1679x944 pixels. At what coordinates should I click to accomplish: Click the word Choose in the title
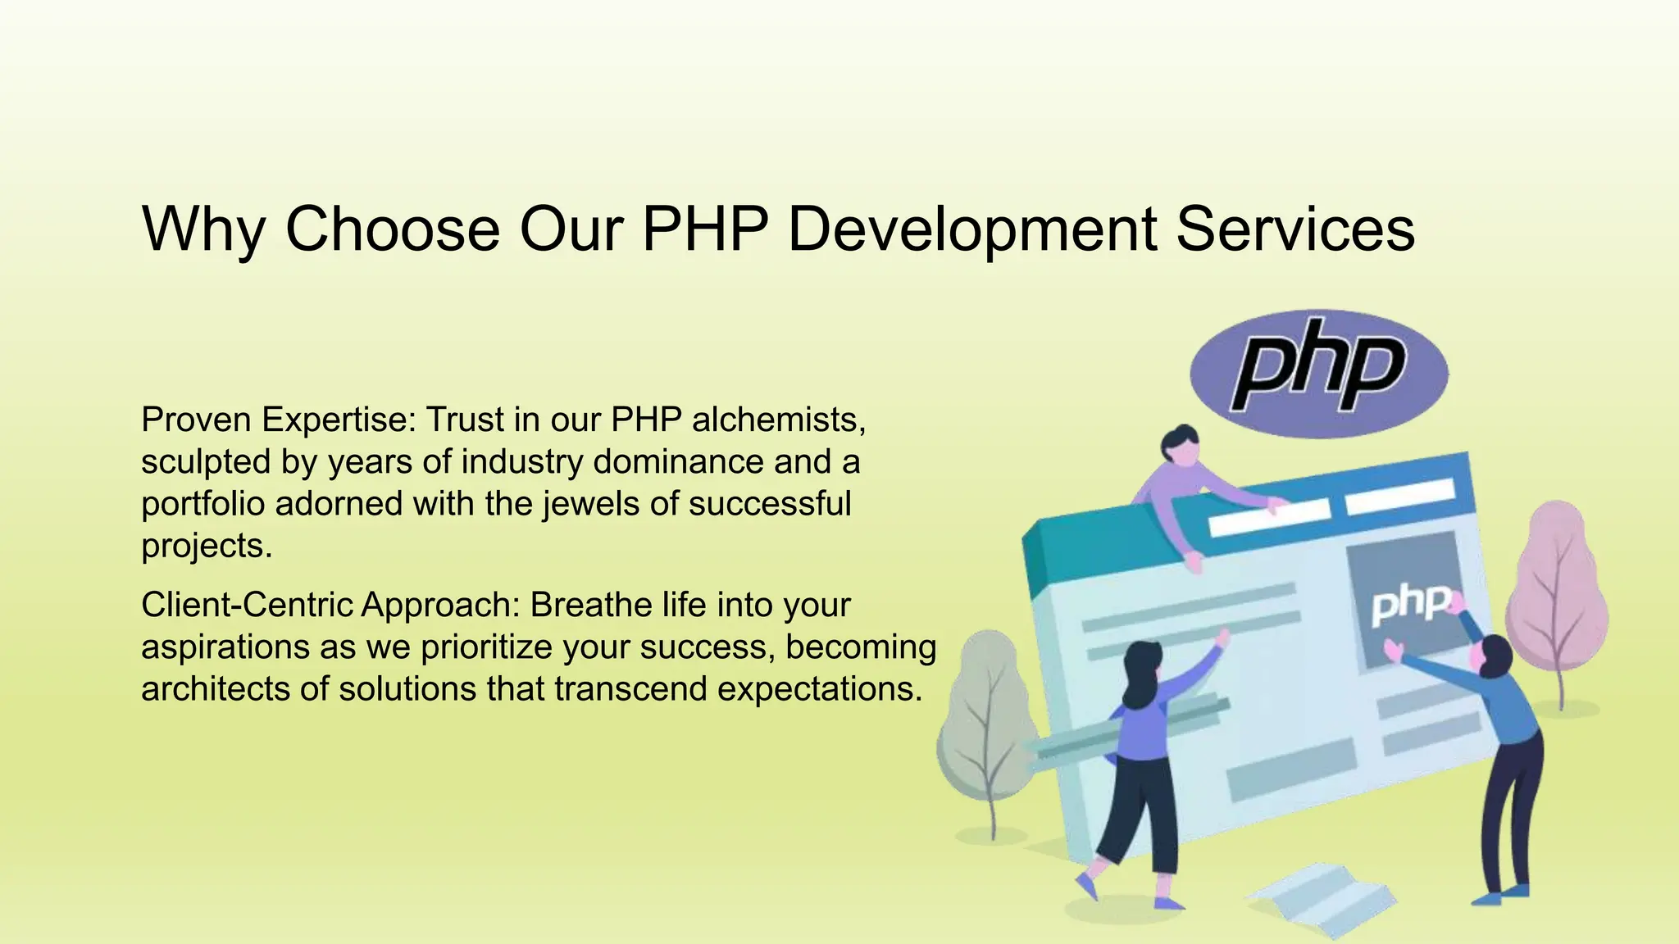(392, 229)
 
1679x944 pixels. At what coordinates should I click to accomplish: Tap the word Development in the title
(971, 229)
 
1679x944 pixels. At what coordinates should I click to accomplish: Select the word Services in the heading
(1295, 229)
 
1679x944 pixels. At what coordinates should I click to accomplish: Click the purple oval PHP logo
(1318, 373)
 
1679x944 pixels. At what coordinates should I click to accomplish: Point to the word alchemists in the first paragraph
(779, 420)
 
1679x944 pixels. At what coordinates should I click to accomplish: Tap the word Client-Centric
(247, 605)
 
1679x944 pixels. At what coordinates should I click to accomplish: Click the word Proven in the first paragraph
(196, 420)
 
